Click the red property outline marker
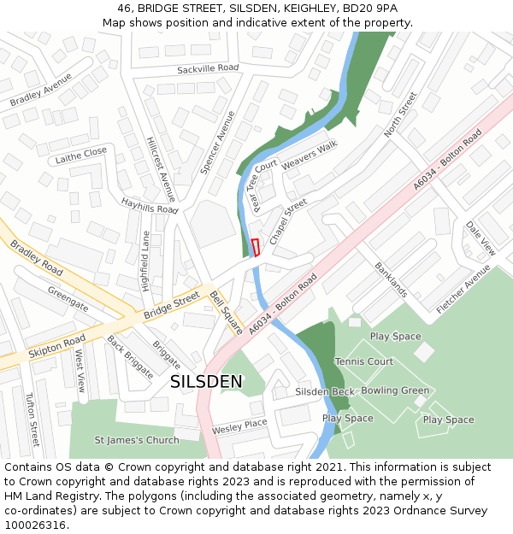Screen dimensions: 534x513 [255, 247]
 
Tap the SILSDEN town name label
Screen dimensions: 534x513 [207, 382]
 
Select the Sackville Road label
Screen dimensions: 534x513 [208, 68]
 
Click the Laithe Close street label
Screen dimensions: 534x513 [81, 156]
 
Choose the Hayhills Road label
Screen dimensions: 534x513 [149, 206]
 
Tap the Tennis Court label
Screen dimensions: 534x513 [364, 361]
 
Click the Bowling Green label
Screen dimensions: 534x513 [395, 390]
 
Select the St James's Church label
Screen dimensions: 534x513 [137, 440]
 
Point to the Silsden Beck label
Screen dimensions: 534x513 [325, 391]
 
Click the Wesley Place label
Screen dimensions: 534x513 [239, 425]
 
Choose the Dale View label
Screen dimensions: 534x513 [481, 238]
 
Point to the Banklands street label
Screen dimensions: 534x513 [391, 279]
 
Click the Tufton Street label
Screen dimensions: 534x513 [32, 420]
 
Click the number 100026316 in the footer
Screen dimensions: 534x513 [34, 525]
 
